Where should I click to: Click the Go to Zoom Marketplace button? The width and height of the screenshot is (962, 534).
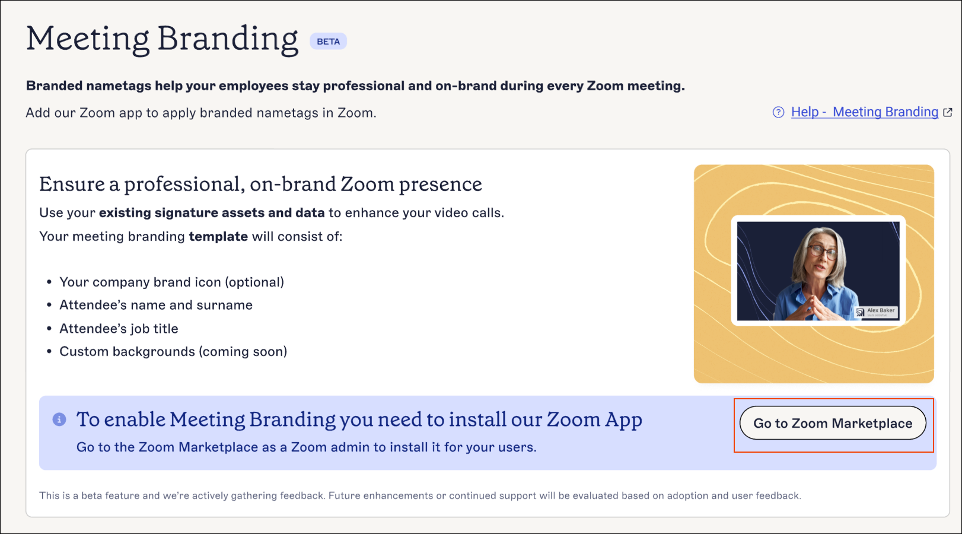[833, 422]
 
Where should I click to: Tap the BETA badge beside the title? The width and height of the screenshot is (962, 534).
[328, 42]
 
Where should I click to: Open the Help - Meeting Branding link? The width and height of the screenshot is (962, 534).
[865, 112]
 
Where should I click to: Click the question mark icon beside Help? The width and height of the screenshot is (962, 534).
[778, 112]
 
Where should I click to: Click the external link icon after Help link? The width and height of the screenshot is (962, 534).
[947, 113]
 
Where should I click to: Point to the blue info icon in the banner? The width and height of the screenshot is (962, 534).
[59, 419]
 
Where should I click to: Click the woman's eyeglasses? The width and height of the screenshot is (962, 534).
[823, 252]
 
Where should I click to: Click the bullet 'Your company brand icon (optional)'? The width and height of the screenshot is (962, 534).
[172, 282]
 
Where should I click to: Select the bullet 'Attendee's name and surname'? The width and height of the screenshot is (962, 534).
[156, 305]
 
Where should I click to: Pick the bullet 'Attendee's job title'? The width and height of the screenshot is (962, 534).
[119, 329]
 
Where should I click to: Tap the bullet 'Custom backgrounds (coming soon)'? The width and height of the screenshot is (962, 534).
[173, 351]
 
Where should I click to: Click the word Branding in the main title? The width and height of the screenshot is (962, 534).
[228, 40]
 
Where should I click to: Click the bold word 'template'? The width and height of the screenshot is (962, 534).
[218, 236]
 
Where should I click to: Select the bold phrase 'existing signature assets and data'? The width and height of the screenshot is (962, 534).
[212, 212]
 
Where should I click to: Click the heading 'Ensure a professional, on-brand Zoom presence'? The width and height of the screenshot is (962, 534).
[261, 185]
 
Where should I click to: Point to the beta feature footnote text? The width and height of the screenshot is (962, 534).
[420, 496]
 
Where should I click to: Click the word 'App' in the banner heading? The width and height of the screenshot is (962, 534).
[623, 420]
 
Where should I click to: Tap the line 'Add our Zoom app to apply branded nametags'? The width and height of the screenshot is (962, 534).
[201, 113]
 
